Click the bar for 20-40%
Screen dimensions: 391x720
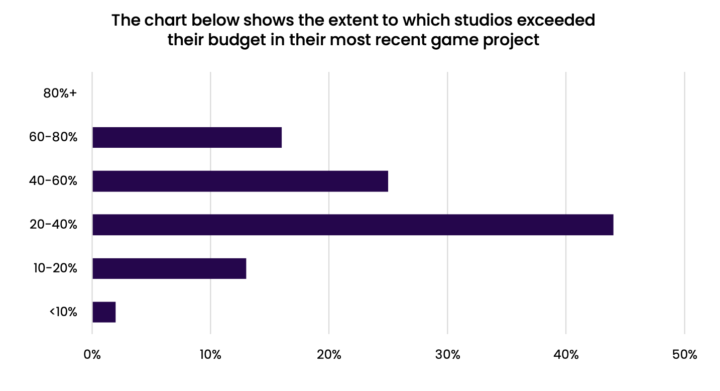point(352,225)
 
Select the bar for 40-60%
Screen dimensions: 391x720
point(240,181)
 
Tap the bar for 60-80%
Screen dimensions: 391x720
point(187,137)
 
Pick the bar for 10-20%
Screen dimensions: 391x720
point(169,268)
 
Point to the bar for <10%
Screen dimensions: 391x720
point(104,312)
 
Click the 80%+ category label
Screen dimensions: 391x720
point(60,93)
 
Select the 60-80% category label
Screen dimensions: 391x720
point(53,137)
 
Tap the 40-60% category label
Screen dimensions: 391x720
point(53,181)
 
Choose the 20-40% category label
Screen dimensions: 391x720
point(53,225)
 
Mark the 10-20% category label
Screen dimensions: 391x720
point(55,268)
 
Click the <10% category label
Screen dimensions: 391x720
point(63,312)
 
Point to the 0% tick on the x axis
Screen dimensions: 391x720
point(92,355)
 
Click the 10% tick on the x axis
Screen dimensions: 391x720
point(210,355)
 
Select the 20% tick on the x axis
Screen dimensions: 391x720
point(329,355)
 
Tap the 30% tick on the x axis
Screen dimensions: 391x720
point(447,355)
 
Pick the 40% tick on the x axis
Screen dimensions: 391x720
point(566,355)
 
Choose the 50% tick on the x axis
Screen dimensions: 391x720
point(684,355)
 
